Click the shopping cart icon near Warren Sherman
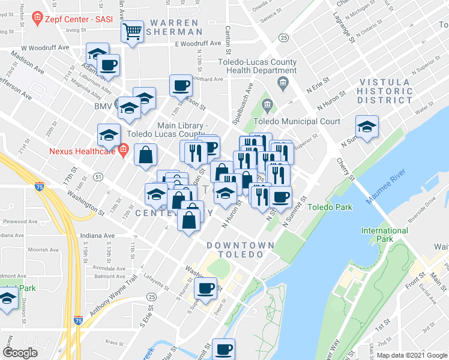(133, 31)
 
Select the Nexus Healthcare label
(82, 151)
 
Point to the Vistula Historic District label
(385, 91)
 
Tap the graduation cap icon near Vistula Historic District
(366, 127)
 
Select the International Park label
(385, 235)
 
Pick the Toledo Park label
(330, 207)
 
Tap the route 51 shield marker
(98, 176)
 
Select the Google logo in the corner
(20, 353)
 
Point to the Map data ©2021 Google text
(411, 355)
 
